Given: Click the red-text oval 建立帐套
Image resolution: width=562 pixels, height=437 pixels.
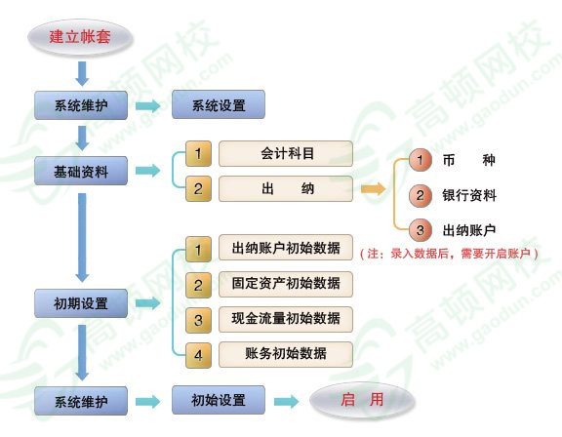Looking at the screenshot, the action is coord(80,37).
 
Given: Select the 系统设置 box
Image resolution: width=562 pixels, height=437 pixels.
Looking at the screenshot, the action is coord(219,104).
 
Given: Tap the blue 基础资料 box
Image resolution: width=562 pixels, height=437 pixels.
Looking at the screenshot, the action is coord(81,171).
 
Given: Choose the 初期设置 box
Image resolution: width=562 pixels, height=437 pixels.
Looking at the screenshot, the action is coord(81,303).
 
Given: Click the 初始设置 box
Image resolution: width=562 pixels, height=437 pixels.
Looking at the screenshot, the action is coord(219,400).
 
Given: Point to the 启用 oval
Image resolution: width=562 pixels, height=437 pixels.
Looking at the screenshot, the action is coord(362,400).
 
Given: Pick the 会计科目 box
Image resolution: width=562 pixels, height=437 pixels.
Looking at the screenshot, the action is coord(286,154).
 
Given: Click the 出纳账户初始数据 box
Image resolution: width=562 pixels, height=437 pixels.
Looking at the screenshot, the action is coord(286,248).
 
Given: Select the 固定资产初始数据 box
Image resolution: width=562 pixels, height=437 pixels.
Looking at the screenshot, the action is coord(286,284).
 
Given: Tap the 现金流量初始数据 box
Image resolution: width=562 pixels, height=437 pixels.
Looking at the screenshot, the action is coord(286,319).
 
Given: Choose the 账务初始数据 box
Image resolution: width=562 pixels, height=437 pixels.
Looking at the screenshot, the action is coord(286,354).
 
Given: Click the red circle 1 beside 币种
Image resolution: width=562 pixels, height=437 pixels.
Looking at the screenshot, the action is coord(421,160).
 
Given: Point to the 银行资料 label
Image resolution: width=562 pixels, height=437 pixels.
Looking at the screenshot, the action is coord(469,195).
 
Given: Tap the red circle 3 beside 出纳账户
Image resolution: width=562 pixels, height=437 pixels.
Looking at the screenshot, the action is coord(421,229).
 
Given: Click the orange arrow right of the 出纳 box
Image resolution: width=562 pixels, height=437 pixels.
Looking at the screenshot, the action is coord(373,189).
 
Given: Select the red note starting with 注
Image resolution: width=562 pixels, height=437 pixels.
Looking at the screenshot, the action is coord(449,254).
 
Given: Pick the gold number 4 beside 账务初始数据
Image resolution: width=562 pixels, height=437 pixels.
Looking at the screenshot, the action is coord(198,355).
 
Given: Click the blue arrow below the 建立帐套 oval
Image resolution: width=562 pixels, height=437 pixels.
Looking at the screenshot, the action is coord(82,74).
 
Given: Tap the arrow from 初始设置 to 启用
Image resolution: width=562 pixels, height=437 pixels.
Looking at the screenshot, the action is coord(287,401).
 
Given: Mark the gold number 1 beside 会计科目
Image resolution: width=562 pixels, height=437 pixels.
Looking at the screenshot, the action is coord(198,154).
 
